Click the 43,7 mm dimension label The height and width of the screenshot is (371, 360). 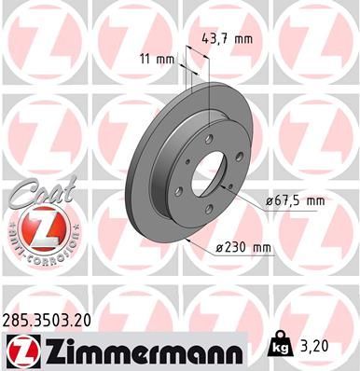(x=228, y=39)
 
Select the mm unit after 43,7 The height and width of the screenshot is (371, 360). (x=244, y=39)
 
